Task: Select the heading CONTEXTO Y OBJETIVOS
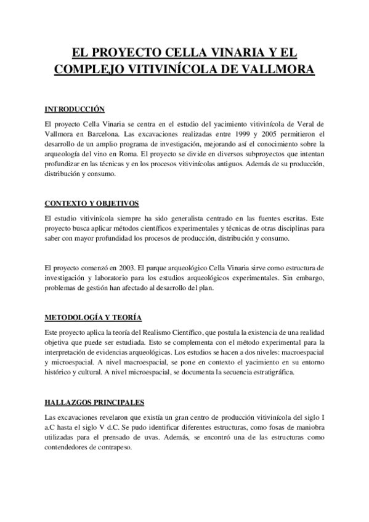92,203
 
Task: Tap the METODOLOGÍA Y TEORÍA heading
93,317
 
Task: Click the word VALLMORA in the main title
273,70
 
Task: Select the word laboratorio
111,279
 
